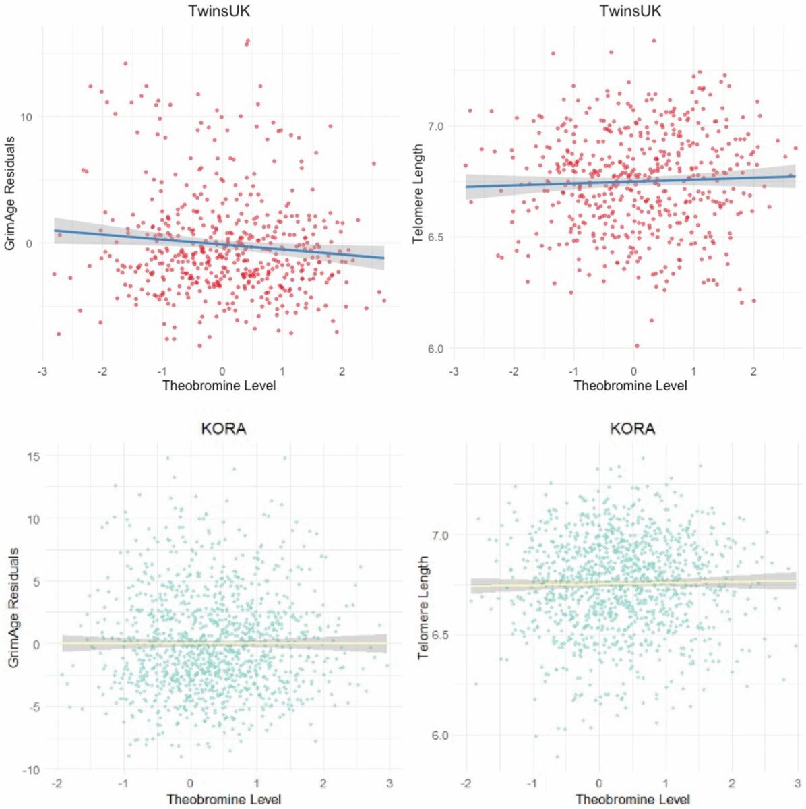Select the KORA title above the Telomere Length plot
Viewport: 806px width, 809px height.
tap(632, 429)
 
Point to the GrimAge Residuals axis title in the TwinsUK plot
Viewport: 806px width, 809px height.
tap(9, 193)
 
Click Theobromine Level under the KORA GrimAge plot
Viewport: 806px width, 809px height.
tap(224, 800)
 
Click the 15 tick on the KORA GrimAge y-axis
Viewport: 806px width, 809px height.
tap(32, 457)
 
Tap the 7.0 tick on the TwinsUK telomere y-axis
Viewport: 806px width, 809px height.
tap(435, 127)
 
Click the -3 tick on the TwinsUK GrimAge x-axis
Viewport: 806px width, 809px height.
tap(42, 371)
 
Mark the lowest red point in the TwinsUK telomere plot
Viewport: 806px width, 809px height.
tap(637, 346)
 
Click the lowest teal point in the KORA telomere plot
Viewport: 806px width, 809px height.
tap(557, 756)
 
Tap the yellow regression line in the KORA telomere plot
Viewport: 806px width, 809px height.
tap(633, 584)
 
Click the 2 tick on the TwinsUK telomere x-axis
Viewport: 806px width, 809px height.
tap(753, 371)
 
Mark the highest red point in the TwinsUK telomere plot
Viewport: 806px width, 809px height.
tap(654, 40)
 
